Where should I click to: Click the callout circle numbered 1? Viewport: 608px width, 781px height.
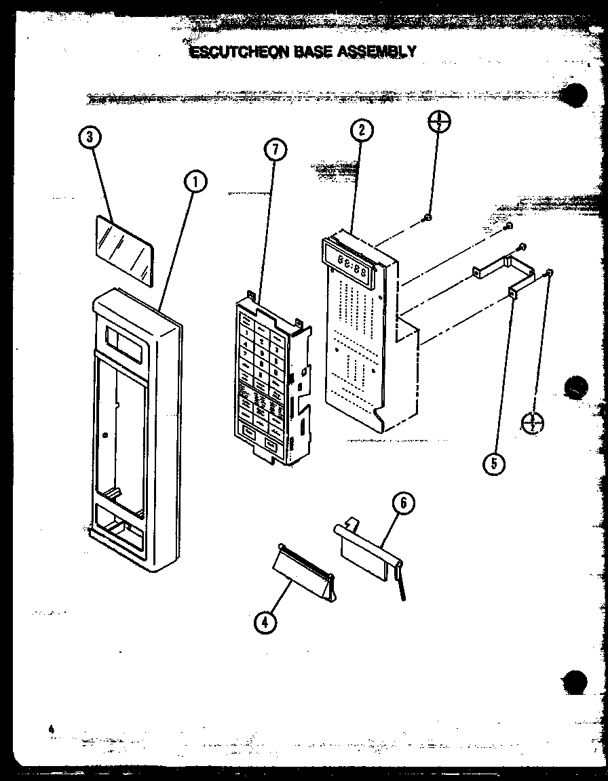(194, 181)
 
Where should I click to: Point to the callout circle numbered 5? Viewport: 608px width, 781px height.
(495, 463)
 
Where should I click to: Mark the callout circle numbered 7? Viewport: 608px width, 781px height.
(274, 153)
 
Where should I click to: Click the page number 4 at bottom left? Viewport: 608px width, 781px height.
(50, 729)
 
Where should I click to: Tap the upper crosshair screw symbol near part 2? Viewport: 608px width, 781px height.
(440, 122)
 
